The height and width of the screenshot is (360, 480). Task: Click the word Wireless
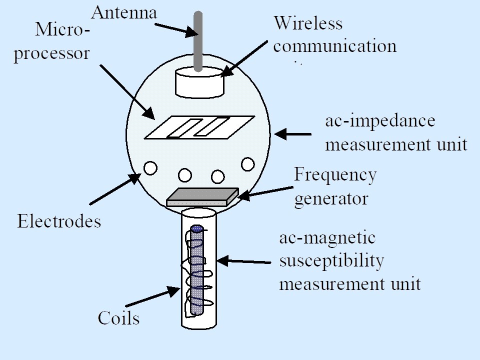pos(308,23)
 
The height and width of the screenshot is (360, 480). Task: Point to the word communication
pos(335,46)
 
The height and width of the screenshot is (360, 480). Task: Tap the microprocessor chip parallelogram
pos(199,127)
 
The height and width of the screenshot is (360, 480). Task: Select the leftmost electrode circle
pos(150,168)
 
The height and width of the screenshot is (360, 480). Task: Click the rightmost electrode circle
pos(248,163)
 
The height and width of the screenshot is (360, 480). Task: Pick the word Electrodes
pos(59,221)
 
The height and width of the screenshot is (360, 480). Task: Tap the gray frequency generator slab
pos(202,197)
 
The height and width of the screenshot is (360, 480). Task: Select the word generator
pos(331,198)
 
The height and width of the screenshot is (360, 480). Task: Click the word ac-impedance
pos(380,121)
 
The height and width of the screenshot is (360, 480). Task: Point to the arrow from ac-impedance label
pos(293,134)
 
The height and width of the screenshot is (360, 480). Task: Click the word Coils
pos(118,317)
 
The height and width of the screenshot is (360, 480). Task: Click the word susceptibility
pos(331,261)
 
